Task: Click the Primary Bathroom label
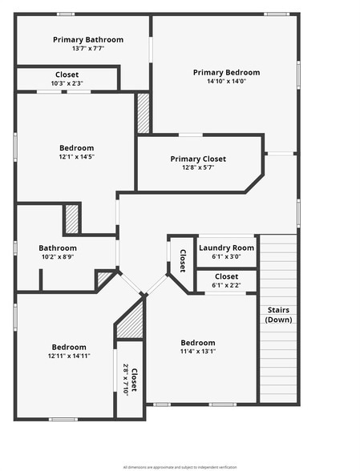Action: (88, 39)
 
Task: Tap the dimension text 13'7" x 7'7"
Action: (88, 49)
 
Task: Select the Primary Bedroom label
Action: (226, 72)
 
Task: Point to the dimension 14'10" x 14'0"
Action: (226, 81)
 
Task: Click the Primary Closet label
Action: (198, 159)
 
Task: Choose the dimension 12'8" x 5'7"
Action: (198, 167)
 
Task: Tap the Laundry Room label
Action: (226, 248)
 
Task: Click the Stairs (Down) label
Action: (278, 315)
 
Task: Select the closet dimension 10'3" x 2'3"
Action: (67, 83)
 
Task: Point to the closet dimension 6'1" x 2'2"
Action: (226, 285)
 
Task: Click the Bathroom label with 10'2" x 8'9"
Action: (58, 248)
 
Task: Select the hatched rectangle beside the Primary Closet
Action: (144, 114)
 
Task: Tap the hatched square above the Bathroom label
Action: (72, 219)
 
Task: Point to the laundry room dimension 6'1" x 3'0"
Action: (226, 256)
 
